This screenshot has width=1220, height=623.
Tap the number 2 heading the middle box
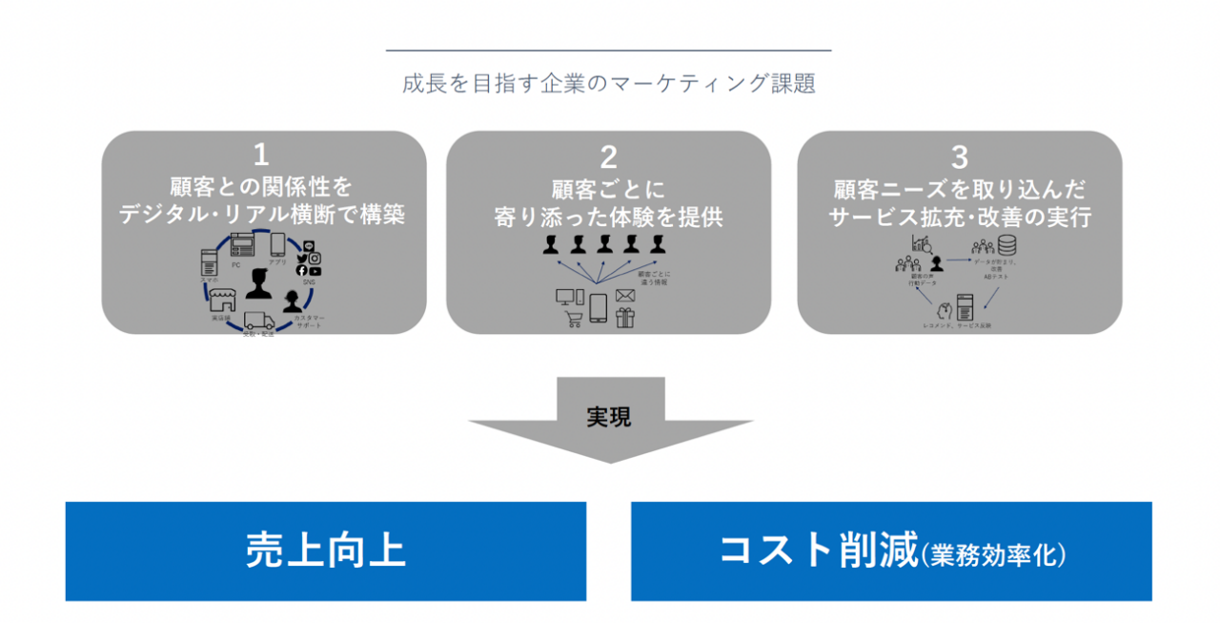(608, 156)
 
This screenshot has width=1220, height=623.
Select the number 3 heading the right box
(959, 155)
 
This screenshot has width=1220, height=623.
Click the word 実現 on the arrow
(609, 417)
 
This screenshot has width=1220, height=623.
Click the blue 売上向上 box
(325, 551)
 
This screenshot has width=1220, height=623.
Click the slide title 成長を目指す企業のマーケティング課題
(609, 83)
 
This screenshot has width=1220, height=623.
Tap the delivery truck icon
(258, 322)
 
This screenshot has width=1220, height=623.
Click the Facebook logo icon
(301, 271)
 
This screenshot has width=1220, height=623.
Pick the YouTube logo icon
(315, 271)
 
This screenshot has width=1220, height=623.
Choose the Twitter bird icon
(301, 258)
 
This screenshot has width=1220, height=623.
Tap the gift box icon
(625, 318)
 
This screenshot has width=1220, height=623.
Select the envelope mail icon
(625, 295)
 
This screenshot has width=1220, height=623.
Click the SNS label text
(308, 283)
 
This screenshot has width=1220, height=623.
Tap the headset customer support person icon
(292, 304)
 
